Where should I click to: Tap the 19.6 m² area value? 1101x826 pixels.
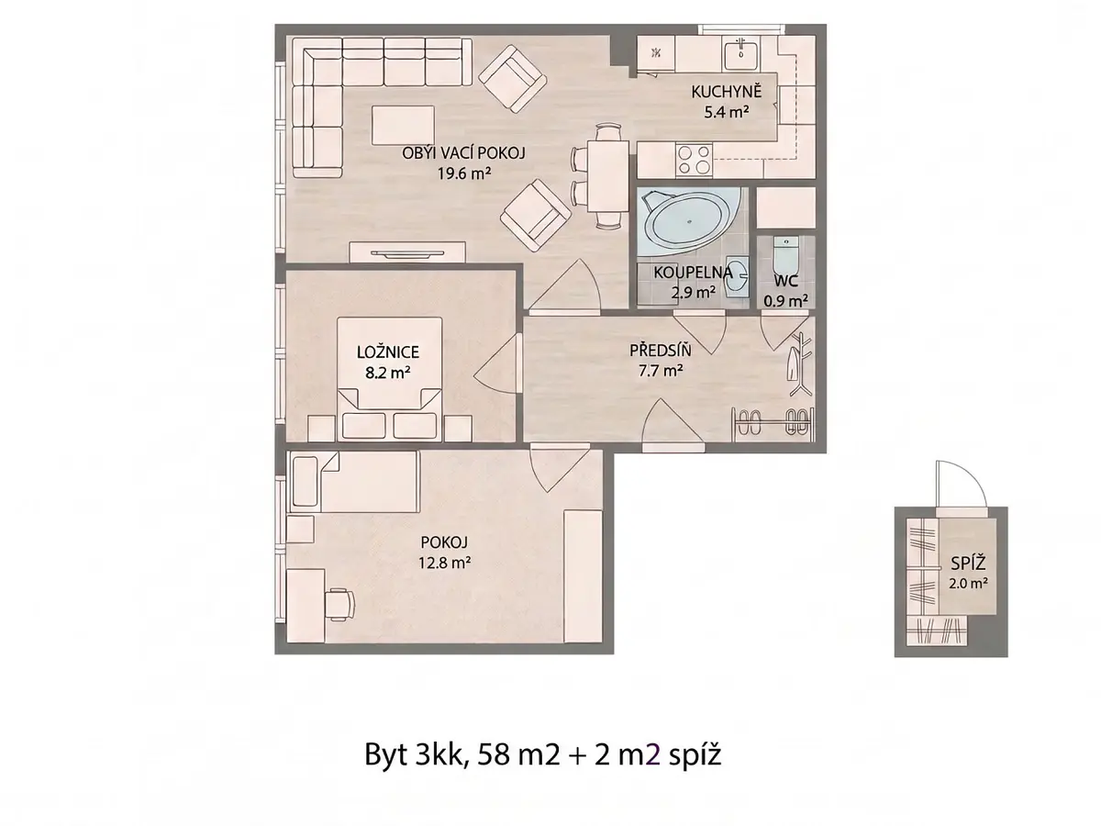463,173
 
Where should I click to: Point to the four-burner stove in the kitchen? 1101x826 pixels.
694,159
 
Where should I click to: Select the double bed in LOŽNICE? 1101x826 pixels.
390,379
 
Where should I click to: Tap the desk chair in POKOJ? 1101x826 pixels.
339,605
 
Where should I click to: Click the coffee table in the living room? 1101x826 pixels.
403,126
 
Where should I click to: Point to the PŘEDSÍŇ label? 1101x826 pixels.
660,351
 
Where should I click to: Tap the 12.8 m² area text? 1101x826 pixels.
444,564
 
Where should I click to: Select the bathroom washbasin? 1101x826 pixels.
738,276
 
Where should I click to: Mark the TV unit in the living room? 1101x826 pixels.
407,252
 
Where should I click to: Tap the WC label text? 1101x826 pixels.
785,282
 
